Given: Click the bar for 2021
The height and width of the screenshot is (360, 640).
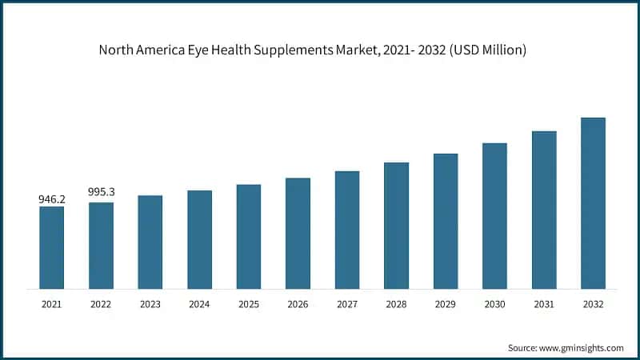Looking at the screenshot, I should (x=52, y=247).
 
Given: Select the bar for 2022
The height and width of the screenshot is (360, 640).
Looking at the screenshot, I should (x=101, y=245).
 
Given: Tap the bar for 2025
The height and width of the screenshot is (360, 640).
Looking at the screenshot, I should (x=249, y=236).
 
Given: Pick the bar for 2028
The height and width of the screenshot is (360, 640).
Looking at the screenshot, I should (x=396, y=225).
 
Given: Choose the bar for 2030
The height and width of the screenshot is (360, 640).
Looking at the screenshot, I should (x=494, y=215).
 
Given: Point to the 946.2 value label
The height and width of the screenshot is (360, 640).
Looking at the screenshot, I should (x=52, y=198).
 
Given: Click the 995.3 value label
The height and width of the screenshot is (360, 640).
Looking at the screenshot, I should (x=101, y=192).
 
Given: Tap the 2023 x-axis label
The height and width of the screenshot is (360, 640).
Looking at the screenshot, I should (x=150, y=305).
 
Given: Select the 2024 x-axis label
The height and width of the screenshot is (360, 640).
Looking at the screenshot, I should (x=199, y=305).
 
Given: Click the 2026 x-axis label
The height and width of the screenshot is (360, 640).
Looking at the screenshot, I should (x=298, y=305).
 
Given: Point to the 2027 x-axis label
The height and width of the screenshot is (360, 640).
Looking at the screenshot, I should (x=347, y=305).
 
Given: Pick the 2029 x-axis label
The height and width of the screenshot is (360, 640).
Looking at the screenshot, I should (x=446, y=305).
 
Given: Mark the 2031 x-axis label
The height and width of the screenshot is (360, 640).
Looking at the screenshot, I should (x=544, y=305).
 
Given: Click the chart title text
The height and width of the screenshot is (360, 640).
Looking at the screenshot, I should (x=312, y=50).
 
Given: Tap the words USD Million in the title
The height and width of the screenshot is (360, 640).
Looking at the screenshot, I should (x=490, y=50).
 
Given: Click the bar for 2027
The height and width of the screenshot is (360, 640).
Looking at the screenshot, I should (x=347, y=230).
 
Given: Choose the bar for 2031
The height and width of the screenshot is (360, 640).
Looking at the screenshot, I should (x=544, y=210).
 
